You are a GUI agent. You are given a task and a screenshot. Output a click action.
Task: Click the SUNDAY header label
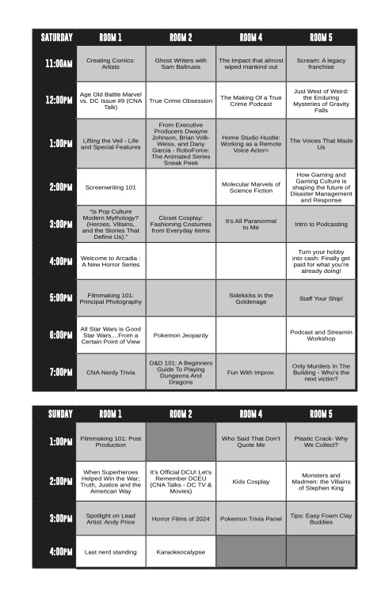54,414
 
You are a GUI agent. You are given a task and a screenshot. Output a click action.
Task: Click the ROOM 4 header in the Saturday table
250,37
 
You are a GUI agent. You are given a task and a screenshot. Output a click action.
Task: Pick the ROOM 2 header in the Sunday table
181,414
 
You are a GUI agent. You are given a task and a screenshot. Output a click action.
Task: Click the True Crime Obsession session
181,100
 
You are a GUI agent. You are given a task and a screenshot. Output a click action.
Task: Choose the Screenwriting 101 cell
111,187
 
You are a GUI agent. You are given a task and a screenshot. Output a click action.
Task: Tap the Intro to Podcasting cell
321,224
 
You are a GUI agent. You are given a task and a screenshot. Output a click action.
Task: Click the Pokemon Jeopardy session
181,335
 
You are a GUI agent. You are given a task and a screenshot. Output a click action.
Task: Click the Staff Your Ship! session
321,298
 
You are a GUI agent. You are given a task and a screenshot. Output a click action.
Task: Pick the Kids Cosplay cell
250,481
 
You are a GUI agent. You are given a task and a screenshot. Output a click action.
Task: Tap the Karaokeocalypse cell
181,551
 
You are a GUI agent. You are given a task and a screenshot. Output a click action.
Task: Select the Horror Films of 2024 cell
181,518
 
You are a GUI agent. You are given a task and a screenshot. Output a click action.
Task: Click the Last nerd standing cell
111,551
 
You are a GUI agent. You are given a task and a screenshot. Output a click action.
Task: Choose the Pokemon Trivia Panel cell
250,518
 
